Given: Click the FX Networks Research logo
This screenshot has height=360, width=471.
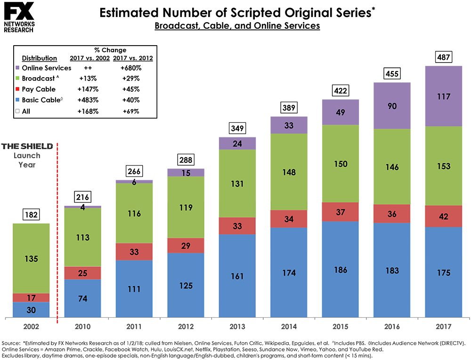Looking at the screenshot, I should [18, 18].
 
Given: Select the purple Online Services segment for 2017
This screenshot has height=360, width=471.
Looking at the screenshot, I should [443, 96].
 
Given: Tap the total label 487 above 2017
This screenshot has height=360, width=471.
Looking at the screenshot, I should [443, 57].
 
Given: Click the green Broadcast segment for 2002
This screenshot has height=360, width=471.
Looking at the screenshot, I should [31, 258].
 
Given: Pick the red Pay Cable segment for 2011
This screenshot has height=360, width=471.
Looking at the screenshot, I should [134, 251].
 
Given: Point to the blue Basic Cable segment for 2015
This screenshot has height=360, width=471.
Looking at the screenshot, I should [341, 270].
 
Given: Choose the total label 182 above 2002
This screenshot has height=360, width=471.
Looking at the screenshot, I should [31, 215].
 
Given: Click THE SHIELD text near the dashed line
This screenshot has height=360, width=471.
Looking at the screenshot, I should [27, 146].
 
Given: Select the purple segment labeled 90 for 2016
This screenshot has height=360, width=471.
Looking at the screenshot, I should [392, 105].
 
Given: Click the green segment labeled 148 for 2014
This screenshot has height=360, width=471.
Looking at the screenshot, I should [289, 171].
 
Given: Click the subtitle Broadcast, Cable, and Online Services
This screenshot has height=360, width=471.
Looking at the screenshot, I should [237, 26].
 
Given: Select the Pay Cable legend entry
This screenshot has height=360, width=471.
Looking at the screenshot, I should [38, 89].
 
